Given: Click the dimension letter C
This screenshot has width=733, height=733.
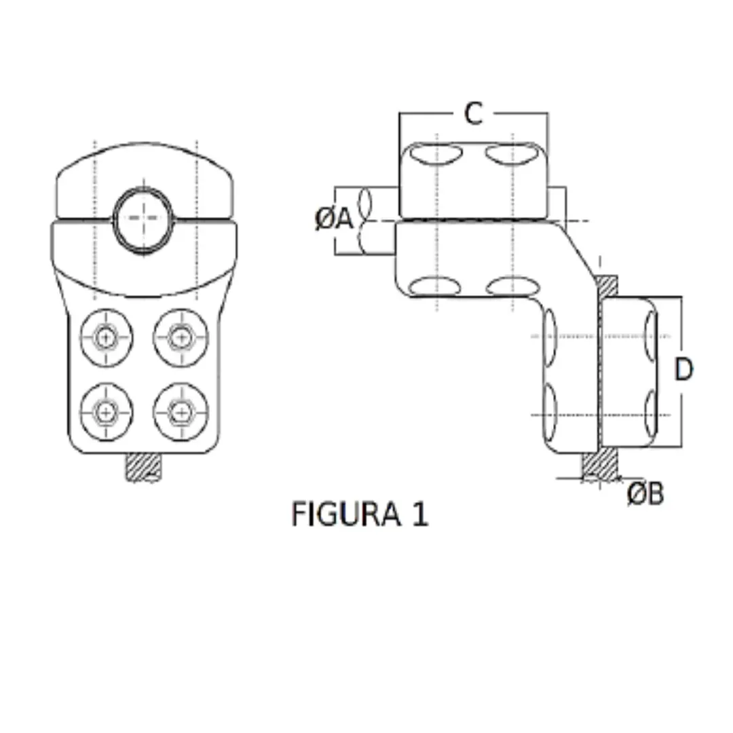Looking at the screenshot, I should tap(473, 114).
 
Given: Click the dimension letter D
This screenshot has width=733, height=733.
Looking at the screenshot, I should tap(683, 370).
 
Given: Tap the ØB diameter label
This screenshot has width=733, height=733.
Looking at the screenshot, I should tap(645, 494).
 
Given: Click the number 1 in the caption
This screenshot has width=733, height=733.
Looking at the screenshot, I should tap(419, 514).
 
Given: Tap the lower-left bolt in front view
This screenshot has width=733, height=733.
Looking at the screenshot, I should tap(106, 411).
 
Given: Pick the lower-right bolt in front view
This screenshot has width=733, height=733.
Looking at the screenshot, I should tap(180, 411).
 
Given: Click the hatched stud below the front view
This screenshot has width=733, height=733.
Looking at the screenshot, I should tap(145, 468).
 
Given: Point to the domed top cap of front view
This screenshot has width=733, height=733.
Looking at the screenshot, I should tap(144, 170).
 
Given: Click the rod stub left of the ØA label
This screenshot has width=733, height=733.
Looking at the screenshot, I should tap(380, 221).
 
